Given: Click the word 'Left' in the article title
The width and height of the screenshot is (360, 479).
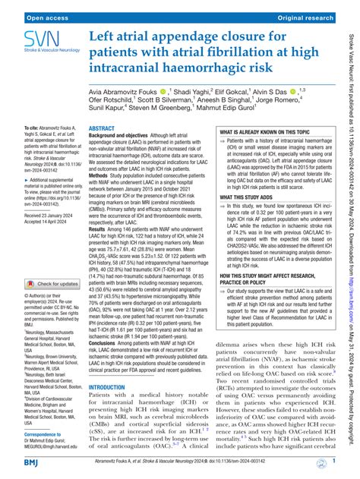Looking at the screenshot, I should (105, 36).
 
